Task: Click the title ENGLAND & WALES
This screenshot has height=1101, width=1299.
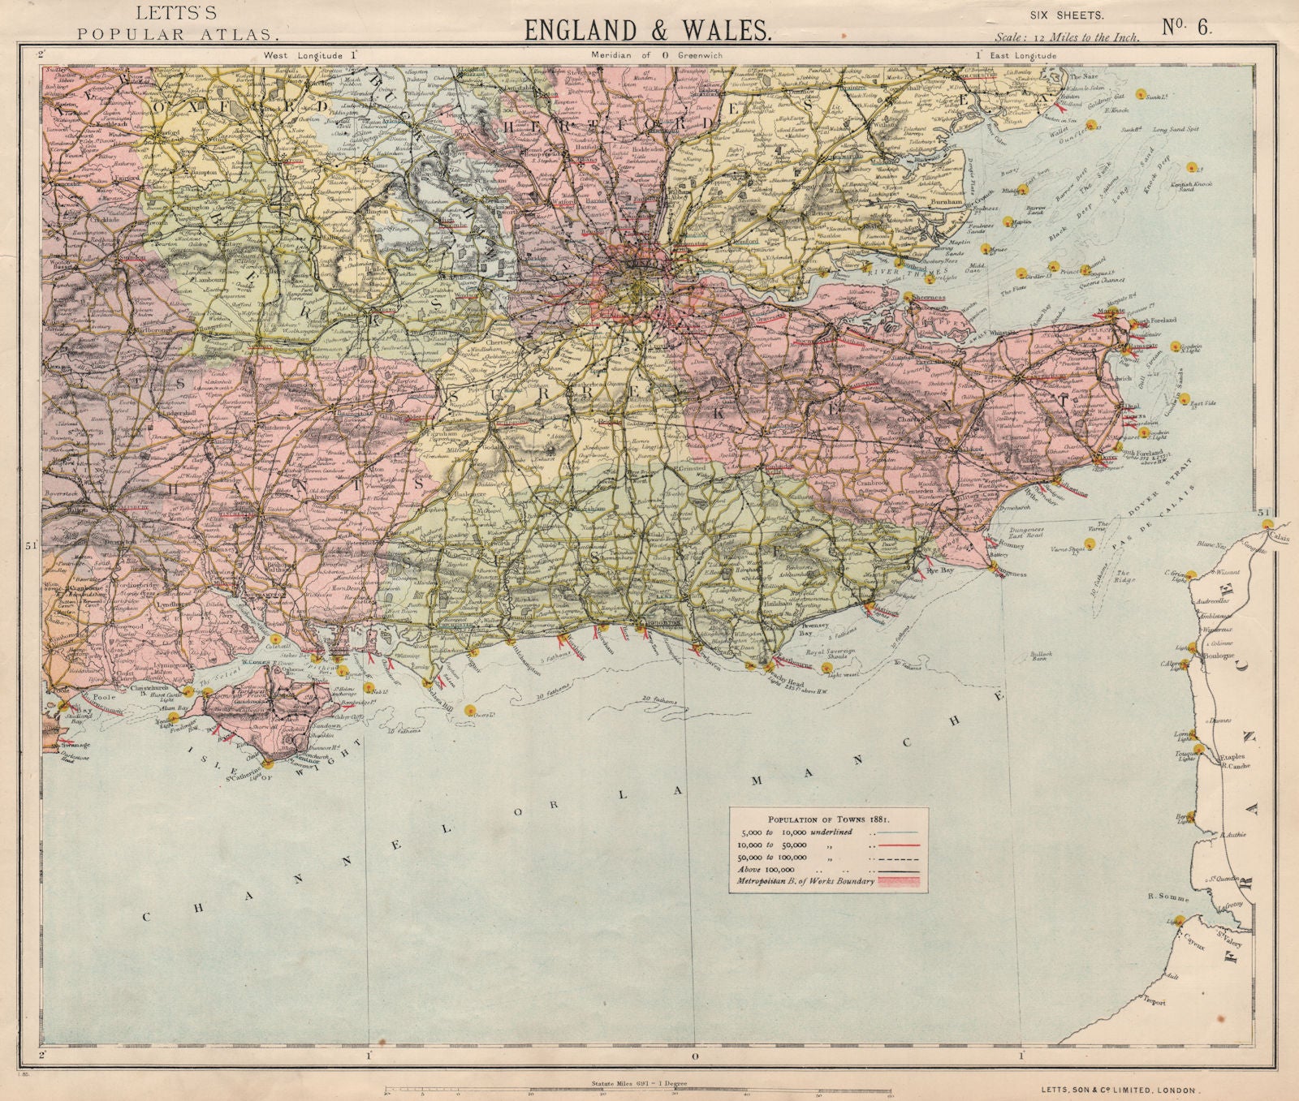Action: point(647,29)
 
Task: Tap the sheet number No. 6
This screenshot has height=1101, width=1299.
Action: point(1186,27)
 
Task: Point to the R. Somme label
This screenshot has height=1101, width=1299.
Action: point(1168,897)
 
